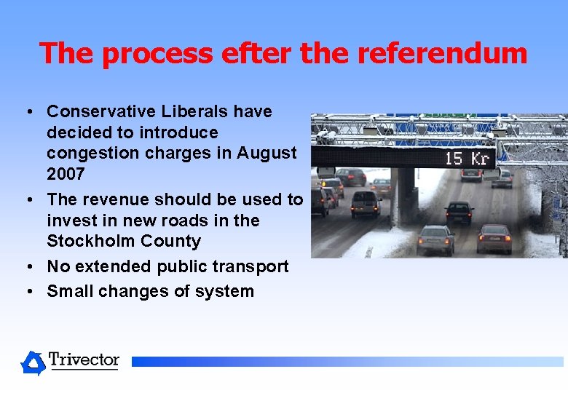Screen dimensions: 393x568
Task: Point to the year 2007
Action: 66,174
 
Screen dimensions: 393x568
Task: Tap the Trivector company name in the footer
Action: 84,360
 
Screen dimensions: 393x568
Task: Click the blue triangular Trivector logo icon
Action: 33,362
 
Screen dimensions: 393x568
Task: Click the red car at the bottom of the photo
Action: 494,239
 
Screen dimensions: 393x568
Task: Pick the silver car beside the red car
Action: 435,239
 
